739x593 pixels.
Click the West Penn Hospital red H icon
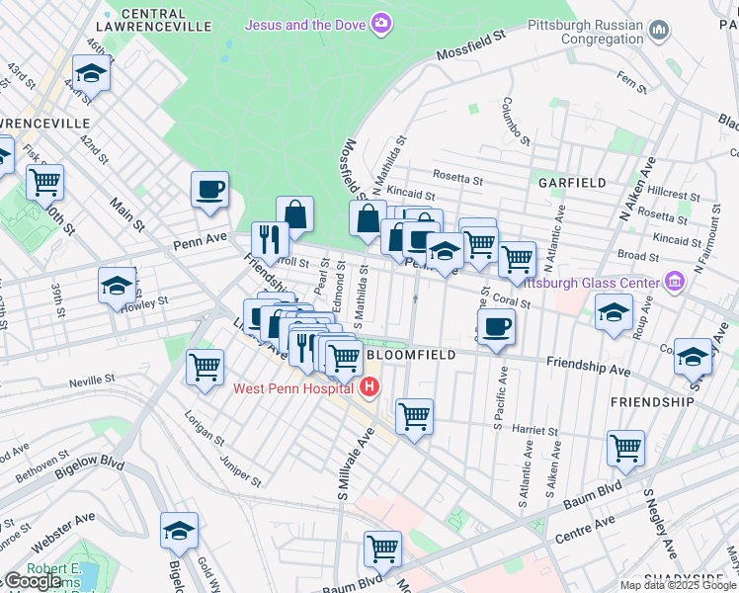pyautogui.click(x=369, y=386)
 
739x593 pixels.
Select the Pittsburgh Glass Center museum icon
pyautogui.click(x=675, y=283)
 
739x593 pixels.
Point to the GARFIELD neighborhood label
pyautogui.click(x=571, y=183)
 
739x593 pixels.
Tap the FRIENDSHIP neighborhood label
pyautogui.click(x=652, y=402)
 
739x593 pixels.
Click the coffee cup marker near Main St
pyautogui.click(x=209, y=189)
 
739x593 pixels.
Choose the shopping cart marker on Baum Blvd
pyautogui.click(x=381, y=547)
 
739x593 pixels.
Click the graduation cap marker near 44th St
pyautogui.click(x=91, y=73)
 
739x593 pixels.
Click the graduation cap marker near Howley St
pyautogui.click(x=117, y=286)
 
